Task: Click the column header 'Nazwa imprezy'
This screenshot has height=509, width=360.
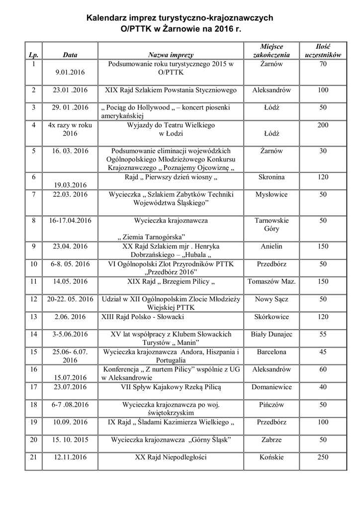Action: click(x=171, y=55)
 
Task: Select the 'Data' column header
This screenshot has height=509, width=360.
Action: click(x=70, y=55)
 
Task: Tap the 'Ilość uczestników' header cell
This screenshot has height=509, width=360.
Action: click(x=323, y=50)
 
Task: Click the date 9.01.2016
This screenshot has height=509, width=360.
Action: click(x=71, y=73)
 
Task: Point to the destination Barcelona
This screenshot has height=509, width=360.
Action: click(x=271, y=352)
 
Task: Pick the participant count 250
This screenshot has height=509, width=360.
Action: click(x=323, y=457)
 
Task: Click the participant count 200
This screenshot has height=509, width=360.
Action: click(x=323, y=125)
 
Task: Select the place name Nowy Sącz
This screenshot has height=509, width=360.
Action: click(x=271, y=299)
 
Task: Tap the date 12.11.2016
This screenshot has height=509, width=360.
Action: click(x=71, y=457)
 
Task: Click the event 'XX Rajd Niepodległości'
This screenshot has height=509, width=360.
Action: click(x=171, y=457)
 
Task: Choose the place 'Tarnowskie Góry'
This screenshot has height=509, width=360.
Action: click(x=271, y=225)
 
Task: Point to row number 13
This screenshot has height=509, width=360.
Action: click(x=34, y=316)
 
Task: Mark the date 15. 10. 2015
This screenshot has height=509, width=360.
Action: click(x=71, y=440)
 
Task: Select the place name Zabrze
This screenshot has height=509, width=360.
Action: click(x=271, y=440)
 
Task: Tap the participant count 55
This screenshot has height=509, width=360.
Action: click(x=323, y=334)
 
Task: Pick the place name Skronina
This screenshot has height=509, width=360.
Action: click(x=271, y=177)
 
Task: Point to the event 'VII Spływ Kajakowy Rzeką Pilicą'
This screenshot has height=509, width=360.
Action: click(x=171, y=386)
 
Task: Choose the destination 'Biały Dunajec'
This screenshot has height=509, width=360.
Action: click(x=271, y=334)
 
